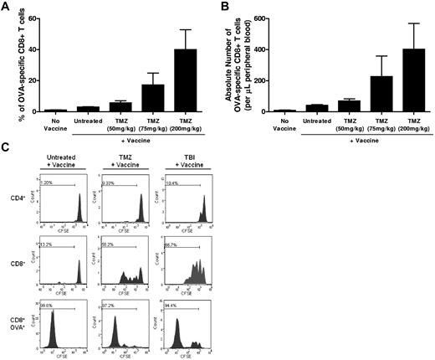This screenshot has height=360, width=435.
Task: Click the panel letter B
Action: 224,7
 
